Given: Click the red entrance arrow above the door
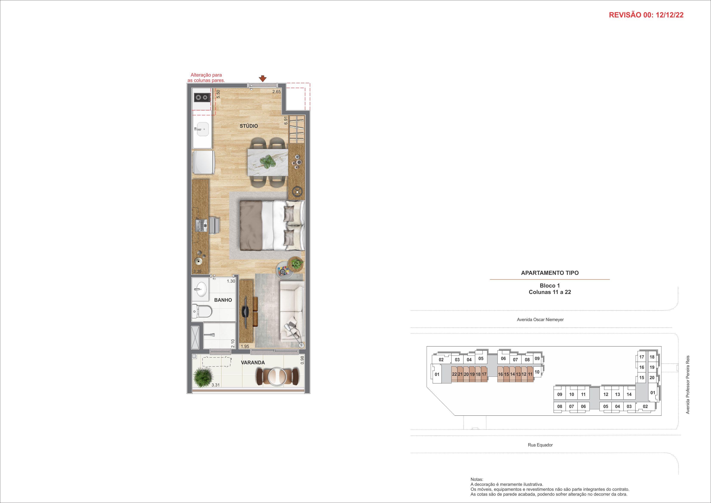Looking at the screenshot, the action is (x=263, y=79).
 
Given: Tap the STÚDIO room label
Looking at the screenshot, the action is (x=249, y=126).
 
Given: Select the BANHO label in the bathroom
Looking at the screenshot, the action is (x=223, y=300).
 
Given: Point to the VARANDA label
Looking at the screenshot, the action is (x=253, y=362).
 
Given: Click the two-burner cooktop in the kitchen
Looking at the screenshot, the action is (x=202, y=98).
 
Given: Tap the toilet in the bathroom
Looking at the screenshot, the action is (x=201, y=310).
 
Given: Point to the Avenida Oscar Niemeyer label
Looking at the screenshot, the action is (x=540, y=319).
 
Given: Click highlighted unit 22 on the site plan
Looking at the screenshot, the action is (x=454, y=374).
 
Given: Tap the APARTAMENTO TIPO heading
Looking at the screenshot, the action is (x=550, y=273).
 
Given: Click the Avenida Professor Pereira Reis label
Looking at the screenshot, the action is (x=688, y=384).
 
